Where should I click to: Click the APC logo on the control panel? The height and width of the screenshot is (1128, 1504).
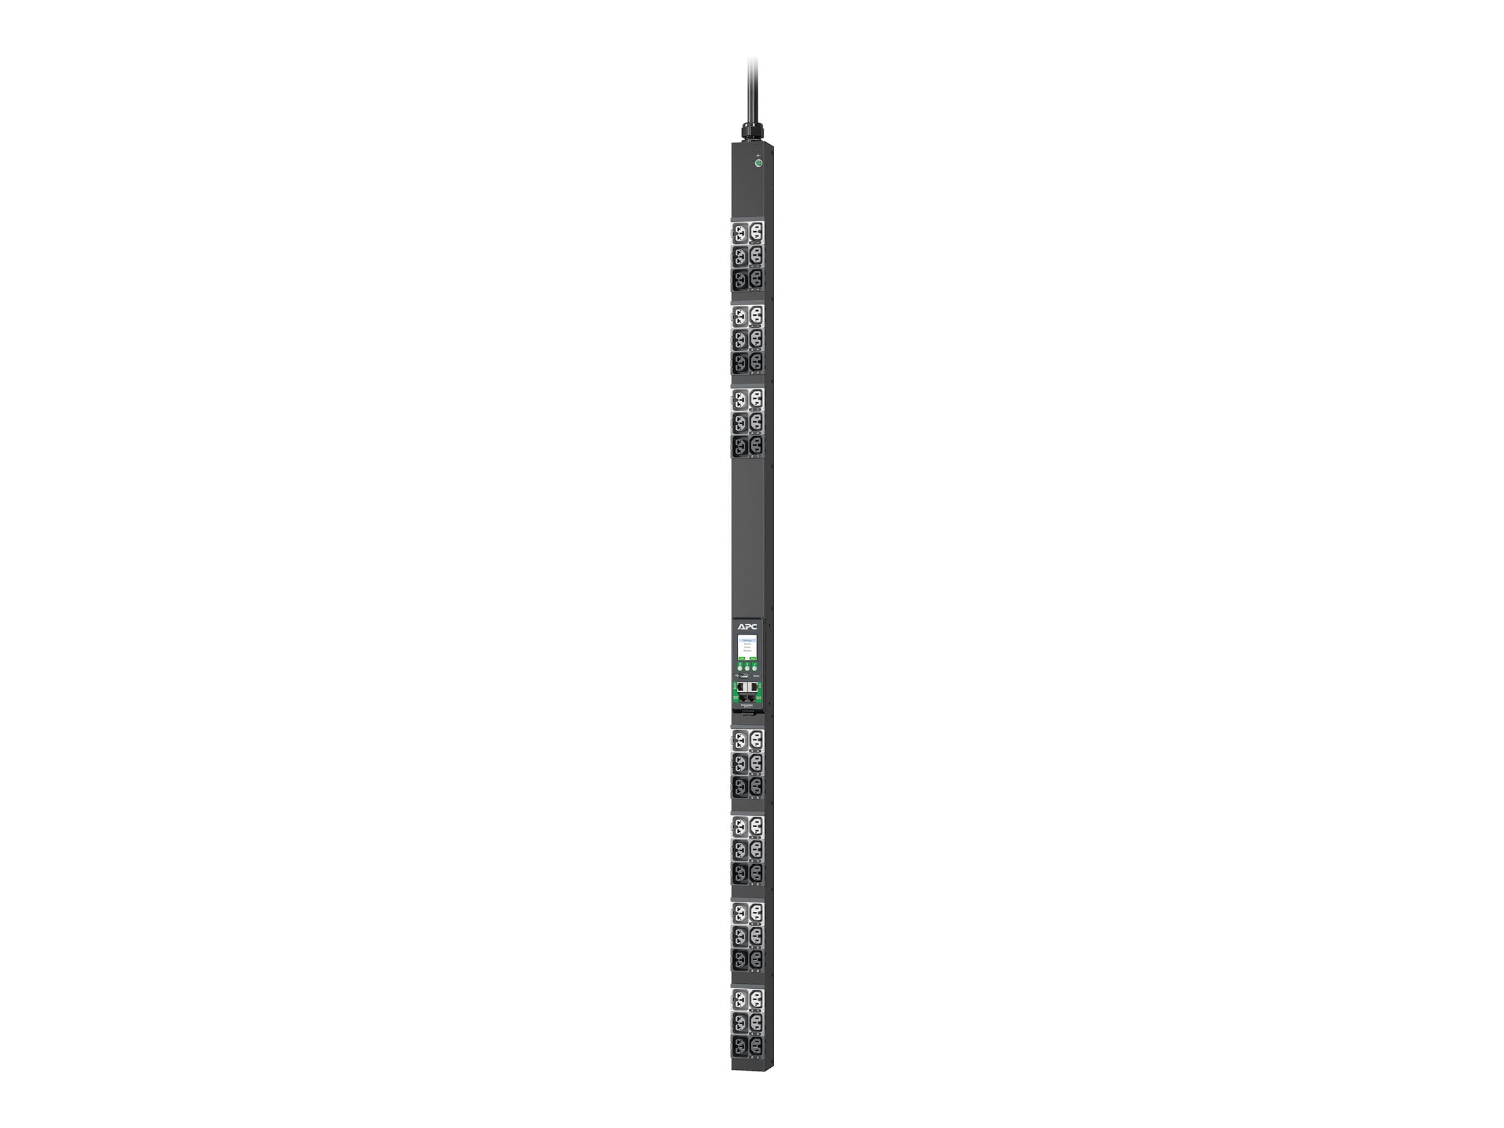(747, 626)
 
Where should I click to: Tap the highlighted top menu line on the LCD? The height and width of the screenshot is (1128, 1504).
(748, 640)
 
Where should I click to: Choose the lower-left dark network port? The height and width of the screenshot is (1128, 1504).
(743, 697)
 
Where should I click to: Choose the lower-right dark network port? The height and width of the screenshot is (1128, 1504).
(752, 697)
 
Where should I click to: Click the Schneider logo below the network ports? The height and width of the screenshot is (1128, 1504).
(747, 706)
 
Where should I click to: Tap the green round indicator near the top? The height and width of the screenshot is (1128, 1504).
(758, 163)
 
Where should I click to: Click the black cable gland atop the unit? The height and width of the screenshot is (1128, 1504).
(753, 131)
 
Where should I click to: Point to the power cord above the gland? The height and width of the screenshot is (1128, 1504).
(753, 88)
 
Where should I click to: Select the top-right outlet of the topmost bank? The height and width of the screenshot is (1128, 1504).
(755, 234)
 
